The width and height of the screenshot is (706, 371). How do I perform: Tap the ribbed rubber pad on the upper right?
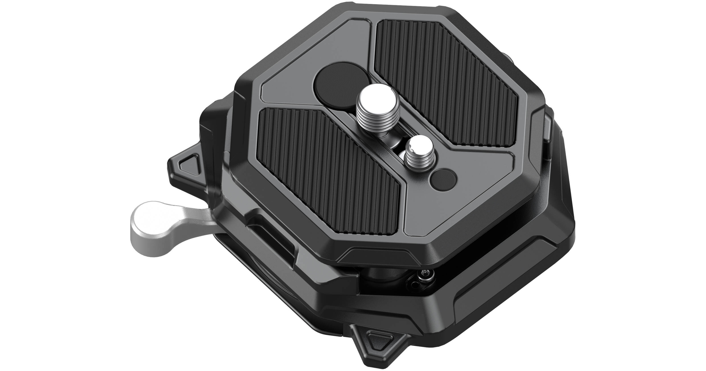point(450,80)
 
